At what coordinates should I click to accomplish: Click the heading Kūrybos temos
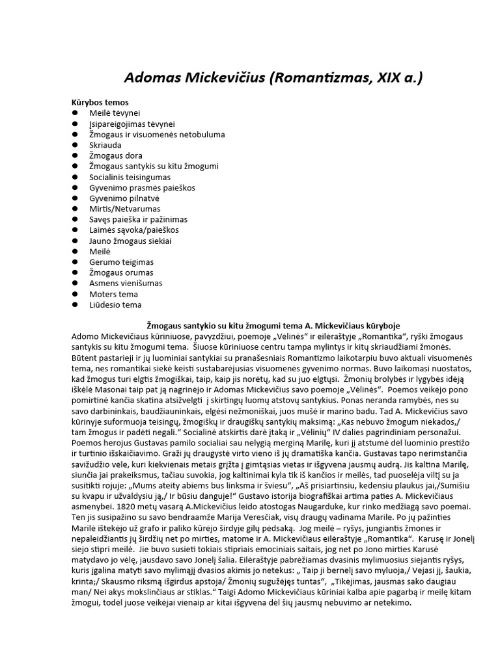tap(100, 102)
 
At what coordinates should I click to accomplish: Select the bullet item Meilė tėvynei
tap(115, 113)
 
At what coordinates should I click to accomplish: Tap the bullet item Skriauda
tap(105, 145)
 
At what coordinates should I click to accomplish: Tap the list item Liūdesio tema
tap(115, 304)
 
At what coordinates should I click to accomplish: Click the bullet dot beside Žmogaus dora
tap(75, 156)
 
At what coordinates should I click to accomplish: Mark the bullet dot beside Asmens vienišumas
tap(75, 284)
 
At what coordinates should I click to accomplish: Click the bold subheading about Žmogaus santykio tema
tap(273, 325)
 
